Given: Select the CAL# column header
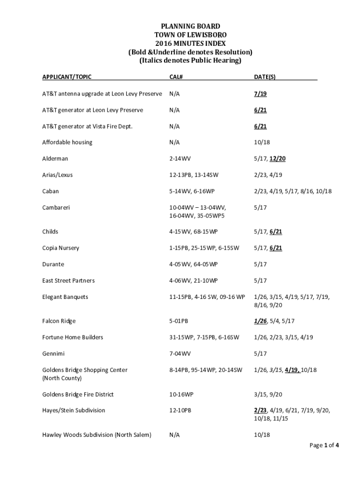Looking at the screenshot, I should click(176, 76).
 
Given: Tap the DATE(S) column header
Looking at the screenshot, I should click(265, 76).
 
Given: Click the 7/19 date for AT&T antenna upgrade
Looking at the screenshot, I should click(260, 94).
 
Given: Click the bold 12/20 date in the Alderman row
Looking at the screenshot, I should click(277, 159).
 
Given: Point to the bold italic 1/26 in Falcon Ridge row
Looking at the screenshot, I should click(260, 321).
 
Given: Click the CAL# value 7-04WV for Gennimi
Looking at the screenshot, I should click(180, 354).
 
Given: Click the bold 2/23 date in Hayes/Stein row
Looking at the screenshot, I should click(260, 410).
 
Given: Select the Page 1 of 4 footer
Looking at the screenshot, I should click(324, 445).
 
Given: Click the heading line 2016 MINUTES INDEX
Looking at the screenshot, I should click(180, 43).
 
